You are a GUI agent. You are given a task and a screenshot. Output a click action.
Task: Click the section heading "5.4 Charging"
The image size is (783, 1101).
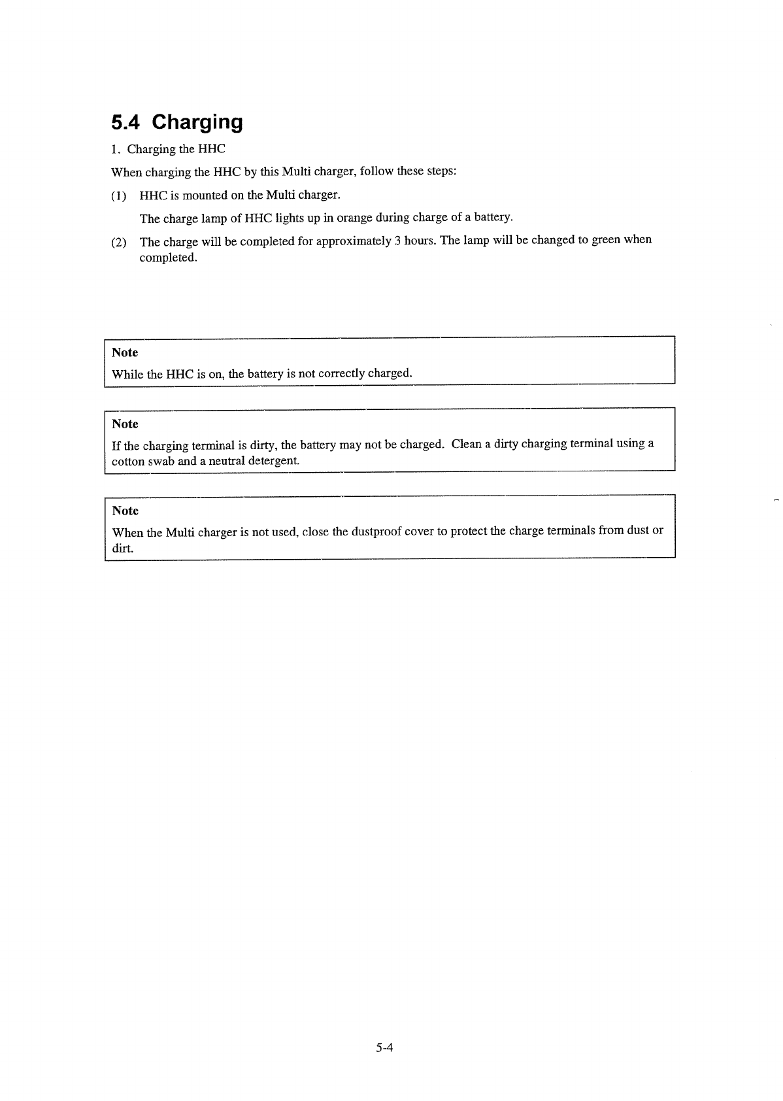click(x=177, y=122)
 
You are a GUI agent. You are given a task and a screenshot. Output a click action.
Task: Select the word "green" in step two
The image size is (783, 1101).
click(x=606, y=239)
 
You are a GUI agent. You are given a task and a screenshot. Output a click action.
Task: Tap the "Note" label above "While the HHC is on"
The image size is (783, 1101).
click(x=125, y=353)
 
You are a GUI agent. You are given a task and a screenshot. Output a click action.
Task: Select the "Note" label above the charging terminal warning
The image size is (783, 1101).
click(x=125, y=424)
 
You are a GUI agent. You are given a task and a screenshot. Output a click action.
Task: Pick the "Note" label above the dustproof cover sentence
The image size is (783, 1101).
click(x=125, y=511)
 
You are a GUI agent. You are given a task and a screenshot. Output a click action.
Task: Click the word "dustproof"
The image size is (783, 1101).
click(x=376, y=532)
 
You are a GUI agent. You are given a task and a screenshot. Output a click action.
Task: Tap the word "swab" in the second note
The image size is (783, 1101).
click(x=161, y=462)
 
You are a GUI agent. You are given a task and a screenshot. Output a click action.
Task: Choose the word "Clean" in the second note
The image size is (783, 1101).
click(x=467, y=444)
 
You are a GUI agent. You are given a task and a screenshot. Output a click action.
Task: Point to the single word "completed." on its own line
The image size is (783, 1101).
click(x=168, y=258)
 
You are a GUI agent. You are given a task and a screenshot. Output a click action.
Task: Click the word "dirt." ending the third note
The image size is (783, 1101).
click(x=123, y=549)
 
